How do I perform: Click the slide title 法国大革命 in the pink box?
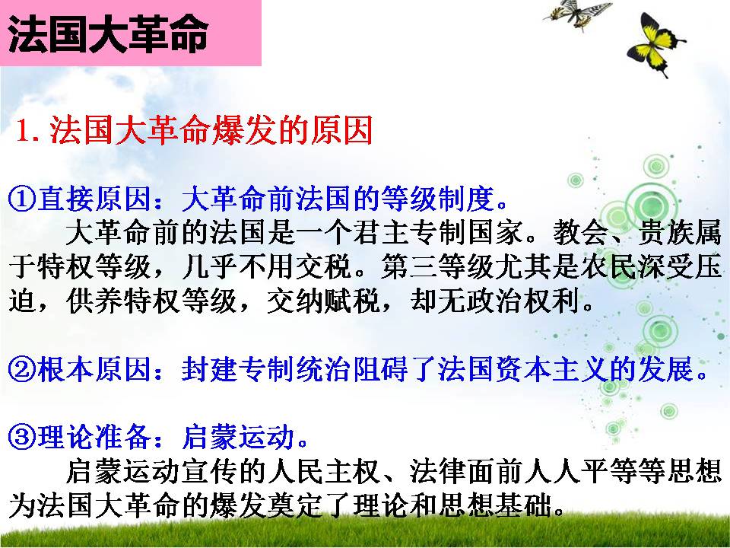tap(107, 35)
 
